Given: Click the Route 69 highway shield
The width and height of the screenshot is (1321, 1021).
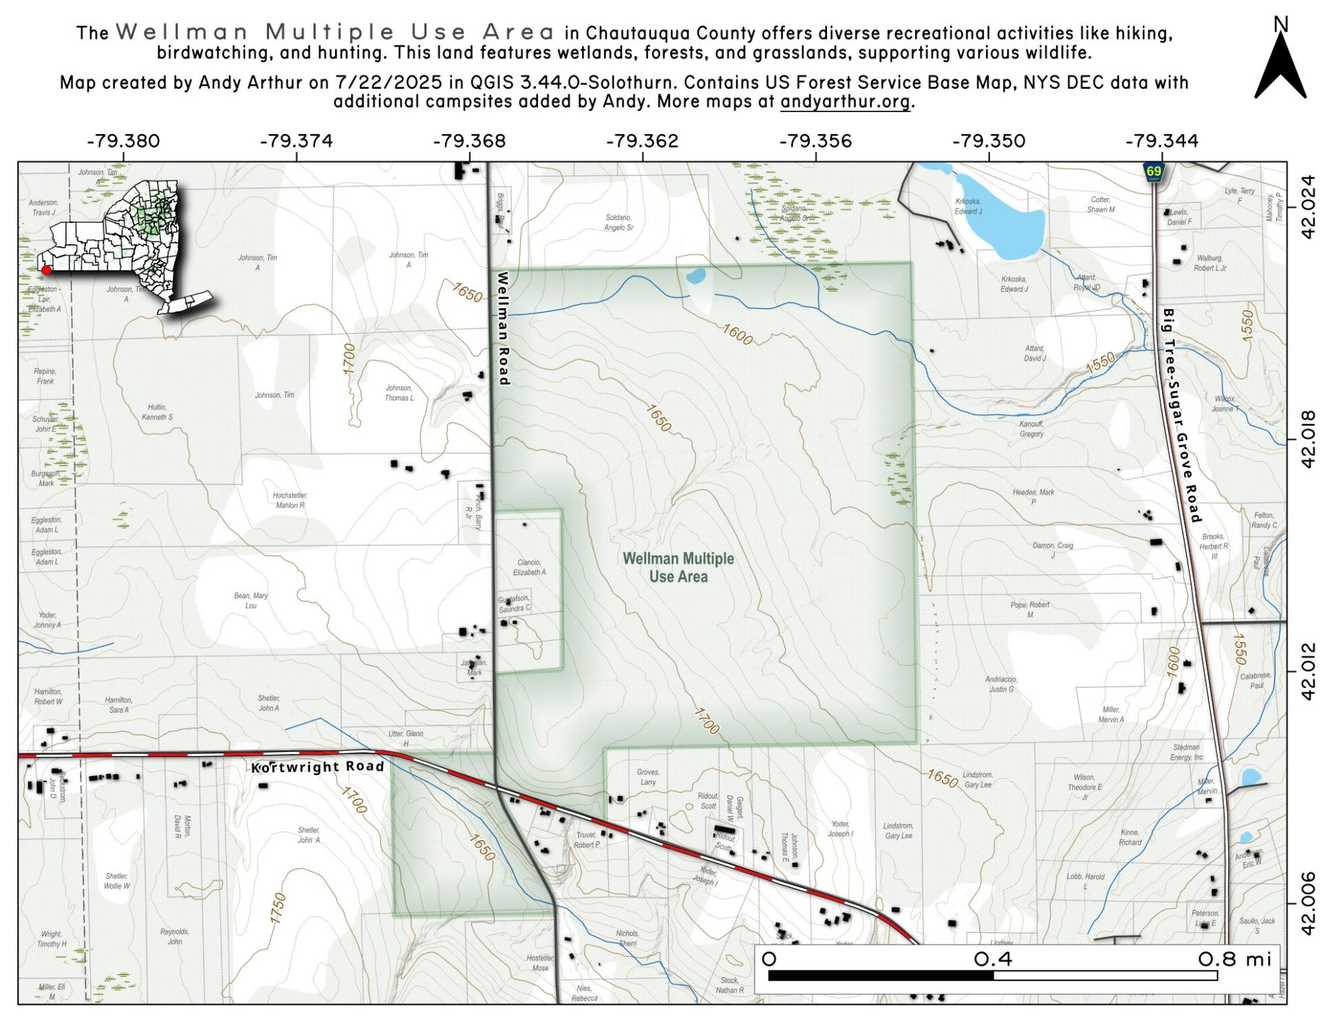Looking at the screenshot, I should coord(1153,172).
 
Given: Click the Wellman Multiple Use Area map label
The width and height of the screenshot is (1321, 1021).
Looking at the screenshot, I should coord(678,568).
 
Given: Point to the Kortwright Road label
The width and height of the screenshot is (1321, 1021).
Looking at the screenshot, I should coord(317,766).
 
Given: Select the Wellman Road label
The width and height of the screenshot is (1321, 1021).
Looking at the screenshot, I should coord(503,327).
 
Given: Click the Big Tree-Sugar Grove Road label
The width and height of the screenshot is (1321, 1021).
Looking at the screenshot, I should coord(1181,415).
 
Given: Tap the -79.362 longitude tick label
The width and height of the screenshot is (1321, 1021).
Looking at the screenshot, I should coord(642,141).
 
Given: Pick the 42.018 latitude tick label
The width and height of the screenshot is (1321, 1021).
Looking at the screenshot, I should coord(1308,440).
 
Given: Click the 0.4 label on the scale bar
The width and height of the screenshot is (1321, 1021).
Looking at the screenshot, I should coord(992,959).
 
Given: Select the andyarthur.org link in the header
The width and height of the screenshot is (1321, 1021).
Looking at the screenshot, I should coord(845,102).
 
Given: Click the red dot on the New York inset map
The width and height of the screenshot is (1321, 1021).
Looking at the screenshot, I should coord(47,270).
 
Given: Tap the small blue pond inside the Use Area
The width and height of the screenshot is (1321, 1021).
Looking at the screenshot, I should coord(696,276).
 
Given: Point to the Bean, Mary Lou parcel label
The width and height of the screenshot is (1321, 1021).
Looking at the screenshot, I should coord(251,601).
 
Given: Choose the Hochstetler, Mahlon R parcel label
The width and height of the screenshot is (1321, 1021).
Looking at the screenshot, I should coord(289,500).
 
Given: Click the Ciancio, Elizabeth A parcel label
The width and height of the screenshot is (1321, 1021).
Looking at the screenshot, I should coord(529,567).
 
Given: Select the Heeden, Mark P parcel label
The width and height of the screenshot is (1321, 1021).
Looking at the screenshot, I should coord(1033,497).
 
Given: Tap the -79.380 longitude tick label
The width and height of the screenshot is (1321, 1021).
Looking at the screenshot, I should coord(123,141).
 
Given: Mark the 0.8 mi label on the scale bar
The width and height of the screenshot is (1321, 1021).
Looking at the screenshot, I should coord(1234,959).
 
